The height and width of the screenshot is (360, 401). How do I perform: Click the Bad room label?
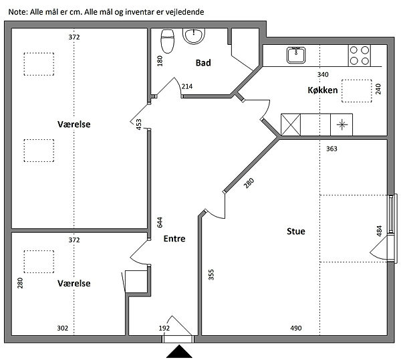(x=203, y=63)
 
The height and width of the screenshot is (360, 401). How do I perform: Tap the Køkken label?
(x=323, y=90)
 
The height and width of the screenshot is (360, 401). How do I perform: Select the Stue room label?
(x=296, y=232)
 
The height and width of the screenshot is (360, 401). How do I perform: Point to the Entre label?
(x=174, y=239)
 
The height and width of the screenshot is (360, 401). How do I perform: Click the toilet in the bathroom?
(x=168, y=41)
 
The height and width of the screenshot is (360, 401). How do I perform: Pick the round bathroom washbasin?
(x=194, y=36)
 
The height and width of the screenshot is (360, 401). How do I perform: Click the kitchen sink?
(x=296, y=55)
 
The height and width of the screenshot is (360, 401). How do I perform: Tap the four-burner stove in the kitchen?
(x=359, y=56)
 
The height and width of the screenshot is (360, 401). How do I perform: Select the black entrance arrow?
(x=179, y=351)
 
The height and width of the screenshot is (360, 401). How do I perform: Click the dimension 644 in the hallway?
(x=160, y=222)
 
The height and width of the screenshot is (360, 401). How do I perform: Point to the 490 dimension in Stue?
(x=296, y=328)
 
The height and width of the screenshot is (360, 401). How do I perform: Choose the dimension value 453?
(x=138, y=124)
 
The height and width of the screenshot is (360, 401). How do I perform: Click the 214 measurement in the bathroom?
(x=187, y=86)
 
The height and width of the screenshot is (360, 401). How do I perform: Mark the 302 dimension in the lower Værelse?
(x=62, y=329)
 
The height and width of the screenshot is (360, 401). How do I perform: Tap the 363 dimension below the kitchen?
(x=331, y=149)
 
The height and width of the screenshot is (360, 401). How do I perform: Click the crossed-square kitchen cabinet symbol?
(x=291, y=124)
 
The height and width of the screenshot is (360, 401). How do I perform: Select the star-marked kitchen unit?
(x=342, y=124)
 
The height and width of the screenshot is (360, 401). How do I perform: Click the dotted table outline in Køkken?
(x=357, y=91)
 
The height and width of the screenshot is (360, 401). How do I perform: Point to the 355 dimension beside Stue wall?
(x=211, y=275)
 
